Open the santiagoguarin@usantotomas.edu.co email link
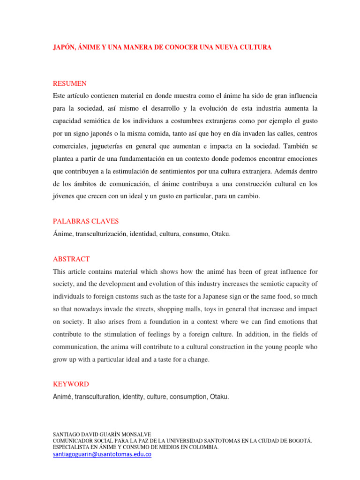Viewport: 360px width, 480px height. pyautogui.click(x=102, y=455)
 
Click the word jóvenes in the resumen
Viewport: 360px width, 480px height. pyautogui.click(x=65, y=197)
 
